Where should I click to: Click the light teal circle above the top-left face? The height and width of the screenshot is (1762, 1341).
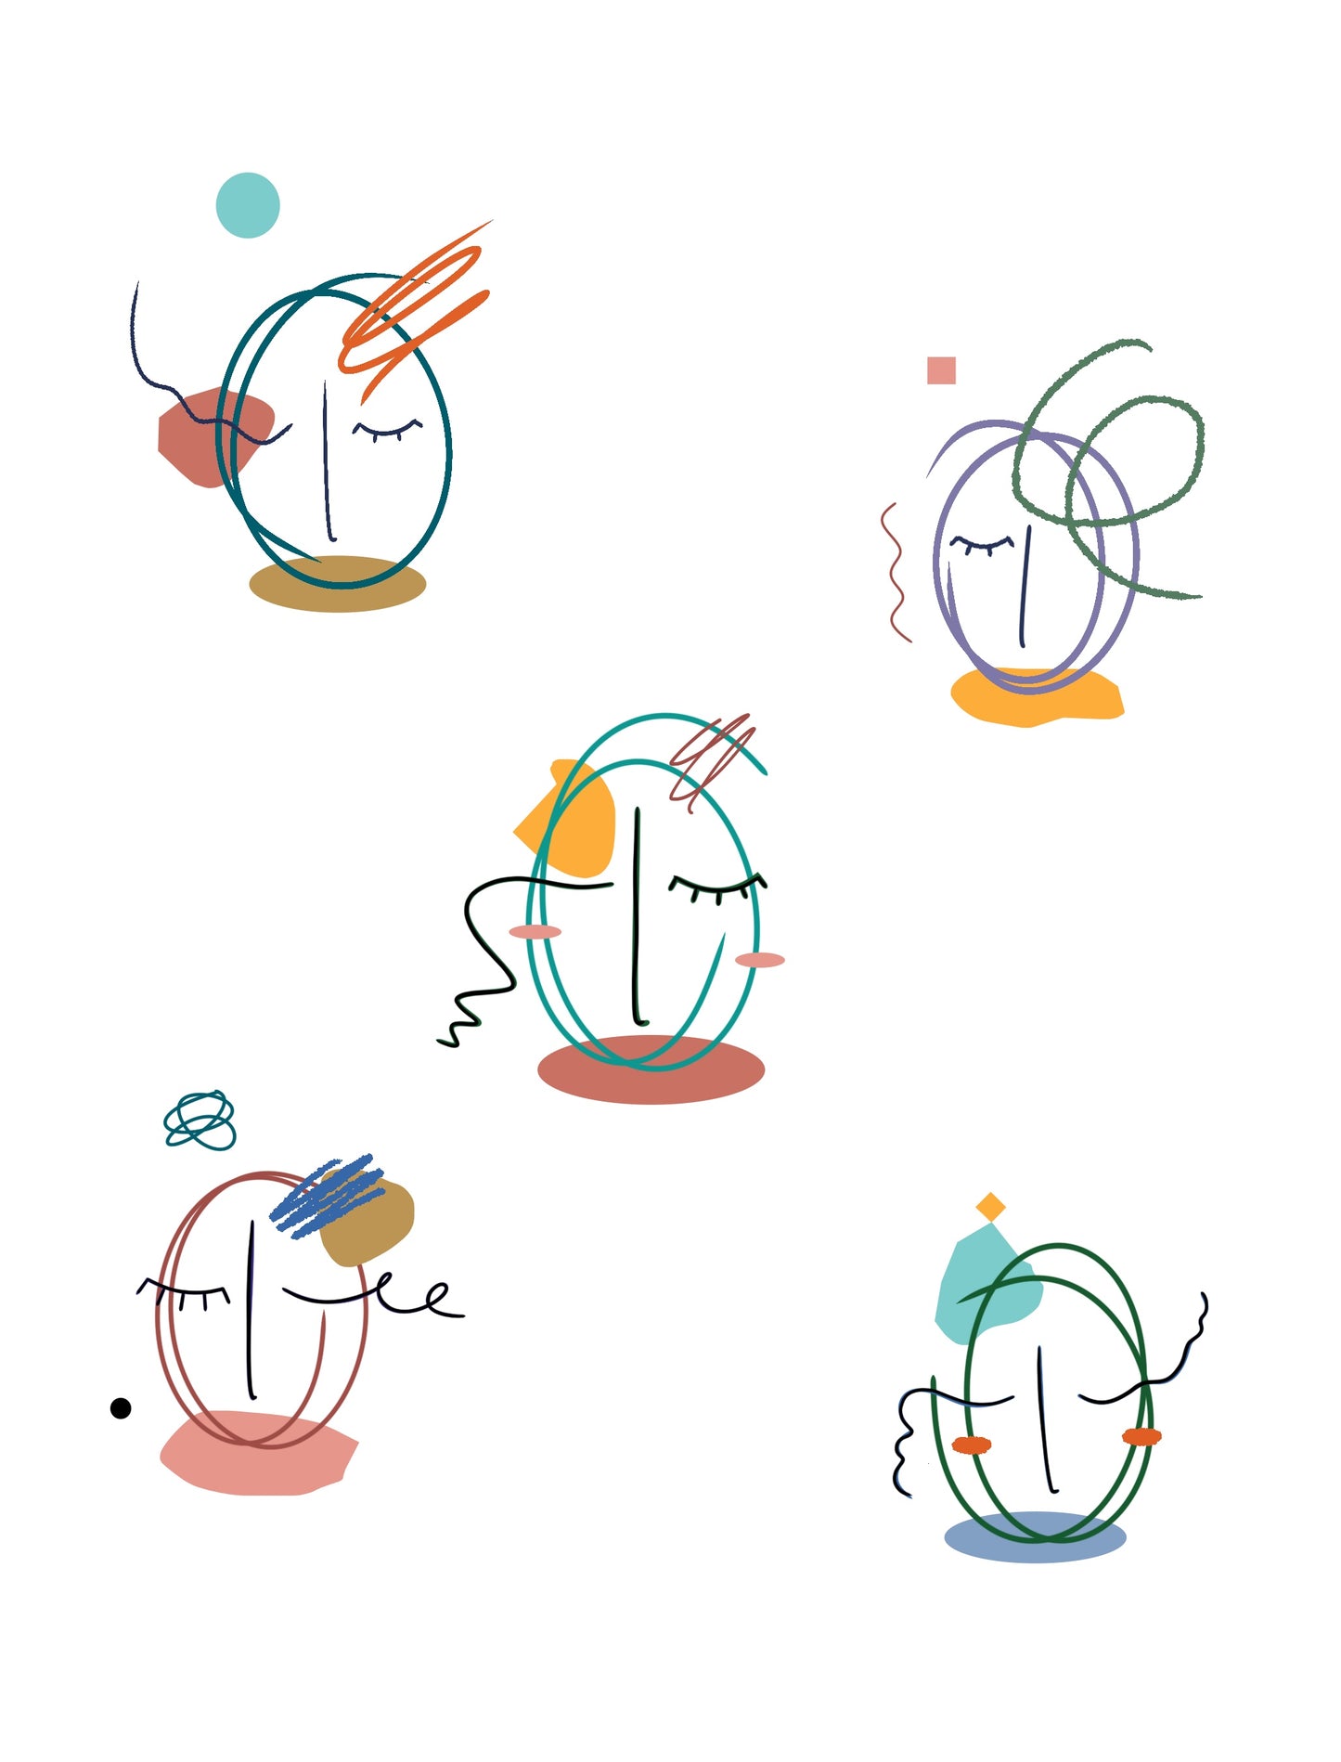tap(248, 205)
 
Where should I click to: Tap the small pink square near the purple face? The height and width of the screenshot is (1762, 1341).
tap(941, 370)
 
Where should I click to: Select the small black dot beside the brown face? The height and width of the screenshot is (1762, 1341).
tap(121, 1408)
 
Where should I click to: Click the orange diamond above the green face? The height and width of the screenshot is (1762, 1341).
tap(991, 1207)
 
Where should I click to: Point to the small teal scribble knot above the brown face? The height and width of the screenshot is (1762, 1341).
tap(200, 1121)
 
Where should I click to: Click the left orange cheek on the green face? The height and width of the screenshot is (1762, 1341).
tap(972, 1445)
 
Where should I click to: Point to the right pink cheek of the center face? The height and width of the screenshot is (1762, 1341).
tap(760, 960)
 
